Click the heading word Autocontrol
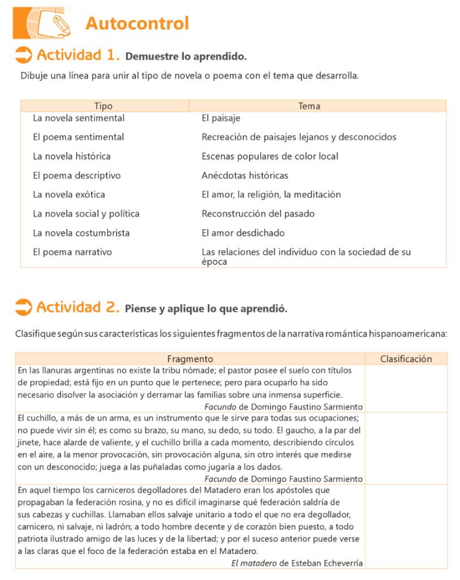click(137, 24)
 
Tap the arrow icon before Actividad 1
click(23, 55)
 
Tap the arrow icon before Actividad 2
click(23, 307)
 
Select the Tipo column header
click(104, 106)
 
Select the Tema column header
click(309, 106)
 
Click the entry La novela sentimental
click(79, 118)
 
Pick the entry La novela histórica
click(72, 156)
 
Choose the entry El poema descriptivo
click(77, 176)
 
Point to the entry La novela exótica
click(69, 195)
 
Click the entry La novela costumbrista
click(81, 233)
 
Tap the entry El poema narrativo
click(72, 252)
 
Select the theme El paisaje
click(221, 118)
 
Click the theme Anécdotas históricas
click(245, 176)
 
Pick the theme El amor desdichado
click(243, 233)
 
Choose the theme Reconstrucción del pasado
click(258, 214)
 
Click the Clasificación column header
click(406, 359)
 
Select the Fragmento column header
click(190, 359)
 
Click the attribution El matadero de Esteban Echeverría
click(297, 563)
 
